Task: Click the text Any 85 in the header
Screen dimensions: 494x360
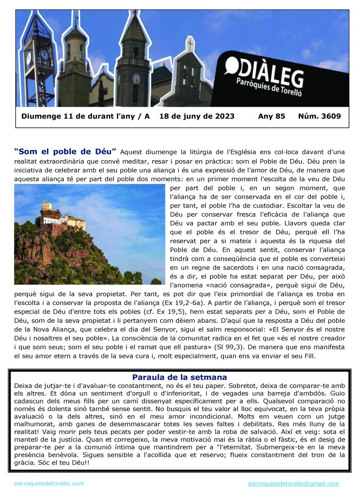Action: pos(272,116)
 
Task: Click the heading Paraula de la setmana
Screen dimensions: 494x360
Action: pos(180,377)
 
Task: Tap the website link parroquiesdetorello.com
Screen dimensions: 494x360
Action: pos(49,483)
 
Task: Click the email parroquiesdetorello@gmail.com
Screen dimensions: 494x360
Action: pos(293,483)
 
